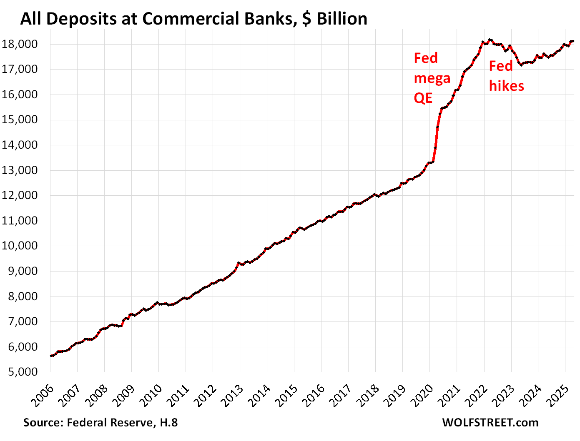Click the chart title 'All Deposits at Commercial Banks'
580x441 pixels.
pos(158,19)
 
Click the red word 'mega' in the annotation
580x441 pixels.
pos(432,78)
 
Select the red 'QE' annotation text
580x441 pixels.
pos(423,98)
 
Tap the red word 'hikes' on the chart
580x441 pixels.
pos(507,86)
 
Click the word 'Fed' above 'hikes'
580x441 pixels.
pos(500,66)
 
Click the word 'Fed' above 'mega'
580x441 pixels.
pos(426,58)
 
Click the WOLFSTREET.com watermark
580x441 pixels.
pos(490,422)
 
